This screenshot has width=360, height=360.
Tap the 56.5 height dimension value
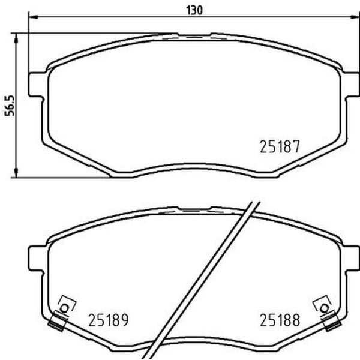point(8,106)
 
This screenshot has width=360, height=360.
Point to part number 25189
point(109,320)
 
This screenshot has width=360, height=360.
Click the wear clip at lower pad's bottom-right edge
point(329,324)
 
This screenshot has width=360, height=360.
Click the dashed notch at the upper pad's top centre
point(193,38)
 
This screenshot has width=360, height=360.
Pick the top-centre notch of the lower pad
point(193,209)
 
